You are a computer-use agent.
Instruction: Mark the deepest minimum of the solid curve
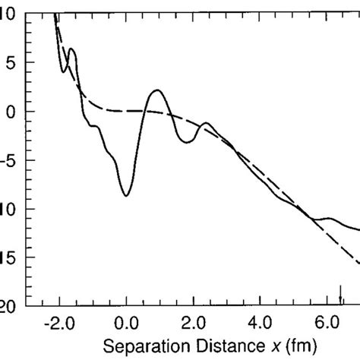pos(126,196)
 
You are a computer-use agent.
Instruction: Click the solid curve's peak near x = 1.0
pos(157,90)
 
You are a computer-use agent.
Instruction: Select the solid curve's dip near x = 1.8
pos(188,142)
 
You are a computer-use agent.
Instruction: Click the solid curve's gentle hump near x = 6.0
pos(328,219)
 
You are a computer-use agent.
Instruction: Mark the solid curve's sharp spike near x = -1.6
pos(71,49)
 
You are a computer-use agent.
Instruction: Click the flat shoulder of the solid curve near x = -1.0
pos(94,126)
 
